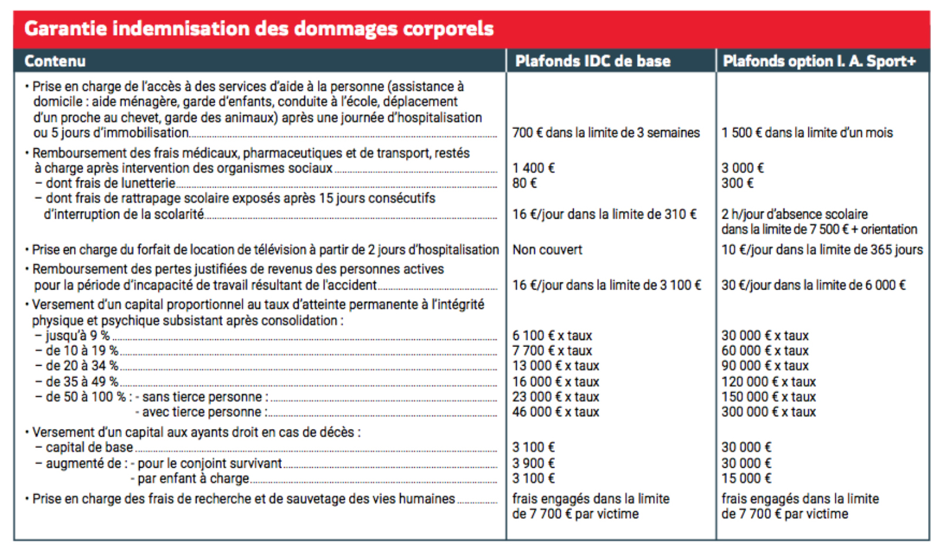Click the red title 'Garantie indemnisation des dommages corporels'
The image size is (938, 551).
tap(259, 29)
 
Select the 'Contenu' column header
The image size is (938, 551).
tap(55, 61)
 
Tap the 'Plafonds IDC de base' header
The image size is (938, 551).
tap(592, 61)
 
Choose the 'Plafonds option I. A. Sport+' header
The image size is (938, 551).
tap(819, 61)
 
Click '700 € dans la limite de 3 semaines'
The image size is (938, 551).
tap(605, 133)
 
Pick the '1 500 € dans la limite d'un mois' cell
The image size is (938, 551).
tap(807, 133)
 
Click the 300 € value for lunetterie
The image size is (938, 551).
tap(737, 183)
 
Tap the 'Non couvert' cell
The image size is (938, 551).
tap(547, 250)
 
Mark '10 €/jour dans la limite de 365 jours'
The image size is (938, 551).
tap(822, 250)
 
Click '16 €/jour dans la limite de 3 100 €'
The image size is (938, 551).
tap(607, 285)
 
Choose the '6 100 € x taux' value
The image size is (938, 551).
tap(552, 336)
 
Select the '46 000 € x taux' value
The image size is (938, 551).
tap(556, 412)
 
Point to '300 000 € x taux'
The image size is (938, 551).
tap(768, 412)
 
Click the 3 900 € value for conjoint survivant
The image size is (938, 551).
tap(533, 463)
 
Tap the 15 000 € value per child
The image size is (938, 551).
tap(746, 478)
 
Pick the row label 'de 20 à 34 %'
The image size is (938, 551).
tap(82, 366)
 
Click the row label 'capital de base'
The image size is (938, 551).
tap(89, 448)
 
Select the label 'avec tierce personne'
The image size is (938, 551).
tap(204, 412)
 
